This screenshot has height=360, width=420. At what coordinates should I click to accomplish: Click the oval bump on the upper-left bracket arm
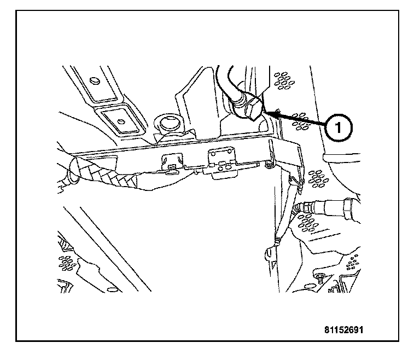click(x=95, y=81)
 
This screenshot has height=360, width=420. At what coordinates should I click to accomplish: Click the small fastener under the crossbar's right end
click(x=269, y=164)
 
